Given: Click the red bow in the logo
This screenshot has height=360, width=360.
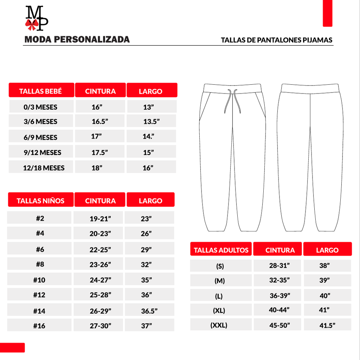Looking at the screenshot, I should (32, 24).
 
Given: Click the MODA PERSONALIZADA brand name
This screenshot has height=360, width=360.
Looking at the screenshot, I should (77, 39).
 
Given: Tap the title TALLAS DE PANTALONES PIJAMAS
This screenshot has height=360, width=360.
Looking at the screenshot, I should (276, 40).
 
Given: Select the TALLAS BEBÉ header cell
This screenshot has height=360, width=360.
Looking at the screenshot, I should (41, 91).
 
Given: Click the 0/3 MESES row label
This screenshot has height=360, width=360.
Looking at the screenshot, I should (41, 107).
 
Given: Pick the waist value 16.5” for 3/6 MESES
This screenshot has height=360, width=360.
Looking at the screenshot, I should (100, 122).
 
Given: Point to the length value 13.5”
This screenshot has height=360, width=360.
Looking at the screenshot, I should (152, 122).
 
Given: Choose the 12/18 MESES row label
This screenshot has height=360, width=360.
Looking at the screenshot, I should (44, 168).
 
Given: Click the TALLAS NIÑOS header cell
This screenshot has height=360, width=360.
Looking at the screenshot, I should (41, 201).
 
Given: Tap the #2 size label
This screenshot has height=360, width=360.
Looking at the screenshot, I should (40, 218).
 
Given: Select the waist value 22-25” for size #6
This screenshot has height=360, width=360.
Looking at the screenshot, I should (100, 250).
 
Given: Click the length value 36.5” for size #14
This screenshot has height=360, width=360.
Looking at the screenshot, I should (149, 311).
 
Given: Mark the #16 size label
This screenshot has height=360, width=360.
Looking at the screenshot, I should (39, 326).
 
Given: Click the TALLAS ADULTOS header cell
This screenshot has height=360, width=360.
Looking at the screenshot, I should (221, 250).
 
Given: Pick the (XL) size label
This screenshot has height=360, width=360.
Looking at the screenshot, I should (219, 311).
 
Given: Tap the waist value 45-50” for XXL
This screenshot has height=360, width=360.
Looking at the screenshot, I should (279, 326).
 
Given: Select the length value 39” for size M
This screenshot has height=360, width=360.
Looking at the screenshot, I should (324, 281).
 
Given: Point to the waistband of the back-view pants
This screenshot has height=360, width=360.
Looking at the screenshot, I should (310, 88).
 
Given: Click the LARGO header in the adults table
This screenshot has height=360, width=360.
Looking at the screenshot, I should (327, 250).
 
